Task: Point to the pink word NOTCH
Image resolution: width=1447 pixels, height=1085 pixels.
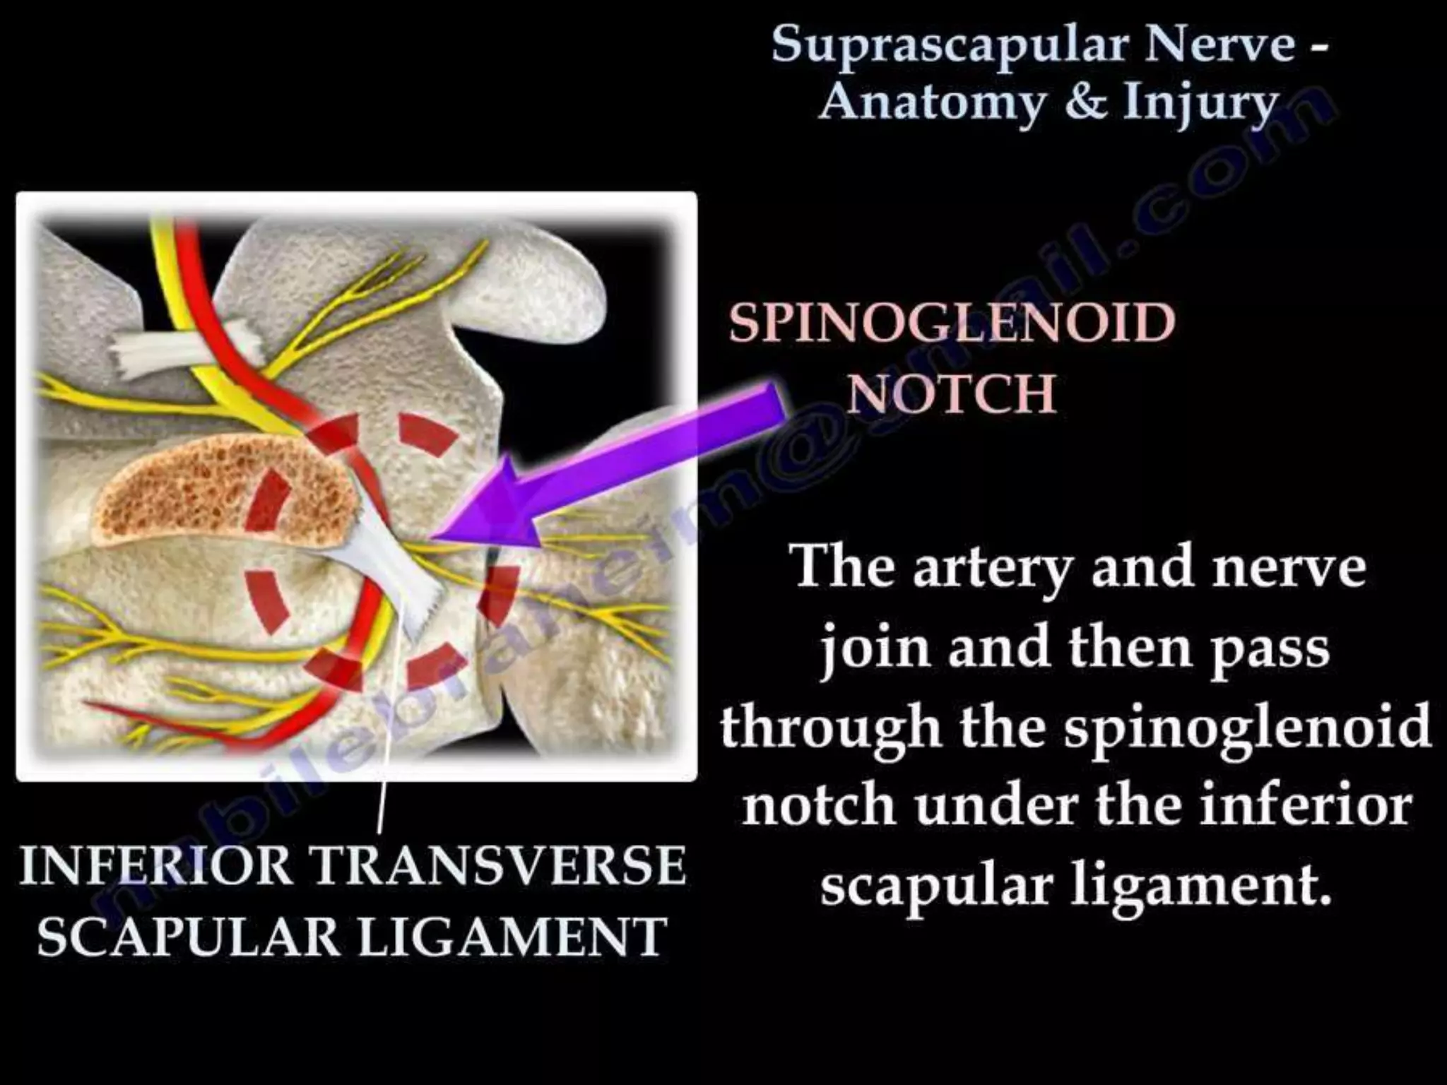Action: pos(952,393)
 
